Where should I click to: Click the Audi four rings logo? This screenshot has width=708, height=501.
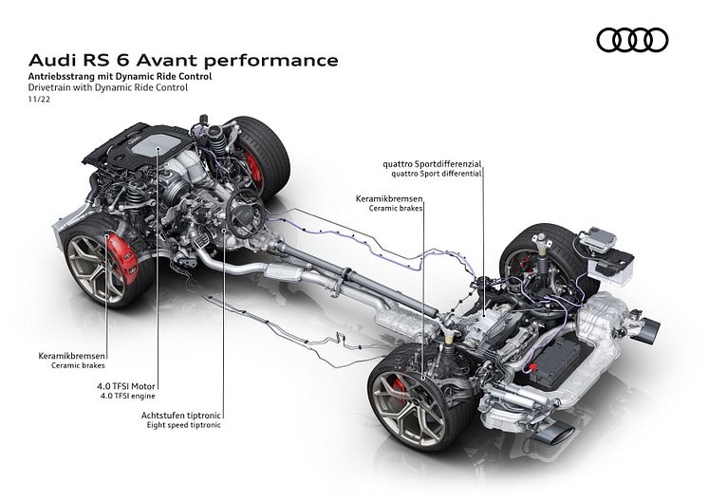tap(632, 40)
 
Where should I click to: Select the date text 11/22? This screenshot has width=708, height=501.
tap(39, 100)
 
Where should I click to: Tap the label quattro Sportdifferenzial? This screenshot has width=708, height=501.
tap(432, 164)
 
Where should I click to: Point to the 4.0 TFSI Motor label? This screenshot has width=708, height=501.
tap(126, 386)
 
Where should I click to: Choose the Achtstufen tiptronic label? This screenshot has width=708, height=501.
tap(181, 416)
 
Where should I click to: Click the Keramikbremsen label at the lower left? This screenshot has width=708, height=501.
tap(72, 356)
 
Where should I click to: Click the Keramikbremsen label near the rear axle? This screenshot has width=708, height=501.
tap(389, 198)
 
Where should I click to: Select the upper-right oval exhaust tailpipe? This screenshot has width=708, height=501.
tap(649, 330)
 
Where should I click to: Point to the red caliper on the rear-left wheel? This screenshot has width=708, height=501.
tap(401, 386)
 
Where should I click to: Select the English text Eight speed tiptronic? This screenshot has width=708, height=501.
tap(184, 425)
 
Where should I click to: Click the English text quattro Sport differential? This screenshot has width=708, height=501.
tap(437, 174)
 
